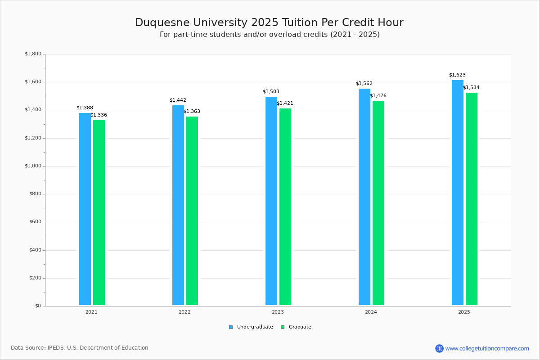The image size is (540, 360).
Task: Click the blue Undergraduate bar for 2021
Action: tap(85, 209)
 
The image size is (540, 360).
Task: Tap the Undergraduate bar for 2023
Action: tap(271, 201)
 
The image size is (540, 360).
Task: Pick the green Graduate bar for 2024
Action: tap(378, 203)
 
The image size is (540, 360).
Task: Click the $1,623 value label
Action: tap(457, 75)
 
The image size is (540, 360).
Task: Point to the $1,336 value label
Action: tap(99, 115)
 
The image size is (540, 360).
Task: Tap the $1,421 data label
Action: tap(285, 103)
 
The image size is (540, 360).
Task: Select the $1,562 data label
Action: tap(364, 84)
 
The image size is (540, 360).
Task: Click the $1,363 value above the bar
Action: tap(192, 112)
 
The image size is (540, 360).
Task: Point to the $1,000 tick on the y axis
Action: tap(33, 166)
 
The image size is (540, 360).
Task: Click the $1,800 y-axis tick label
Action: tap(33, 54)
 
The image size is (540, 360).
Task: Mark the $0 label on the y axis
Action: tap(38, 306)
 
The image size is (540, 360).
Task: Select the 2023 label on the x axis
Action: tap(278, 312)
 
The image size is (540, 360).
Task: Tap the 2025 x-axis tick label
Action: tap(464, 312)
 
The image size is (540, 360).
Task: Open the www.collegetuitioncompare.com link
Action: tap(487, 348)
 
